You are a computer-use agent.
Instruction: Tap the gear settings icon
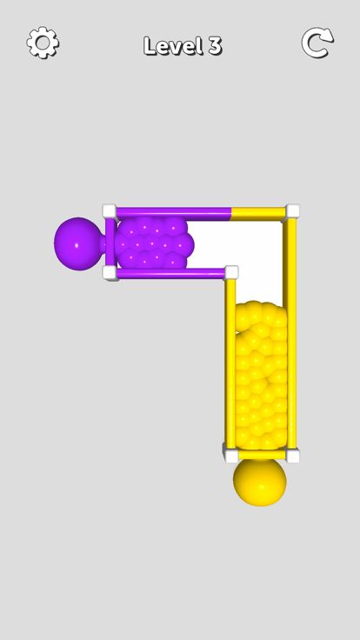click(43, 43)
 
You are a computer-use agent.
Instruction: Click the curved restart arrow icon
click(317, 43)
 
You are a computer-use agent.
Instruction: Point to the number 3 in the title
click(215, 46)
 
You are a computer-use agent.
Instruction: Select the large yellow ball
click(259, 481)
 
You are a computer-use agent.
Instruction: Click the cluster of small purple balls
click(154, 243)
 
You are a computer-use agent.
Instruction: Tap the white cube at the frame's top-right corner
click(293, 210)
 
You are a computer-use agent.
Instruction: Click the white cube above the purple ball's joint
click(110, 210)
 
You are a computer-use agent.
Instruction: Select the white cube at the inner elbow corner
click(231, 272)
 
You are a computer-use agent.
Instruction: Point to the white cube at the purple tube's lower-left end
click(110, 273)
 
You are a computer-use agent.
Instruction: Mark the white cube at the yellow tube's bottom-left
click(230, 452)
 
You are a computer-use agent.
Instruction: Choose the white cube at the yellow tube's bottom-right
click(293, 455)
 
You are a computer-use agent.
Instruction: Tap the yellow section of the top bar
click(259, 211)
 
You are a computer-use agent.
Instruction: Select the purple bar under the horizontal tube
click(170, 274)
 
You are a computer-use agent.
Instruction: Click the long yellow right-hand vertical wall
click(291, 330)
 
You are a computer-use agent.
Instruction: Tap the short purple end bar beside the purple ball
click(110, 242)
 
